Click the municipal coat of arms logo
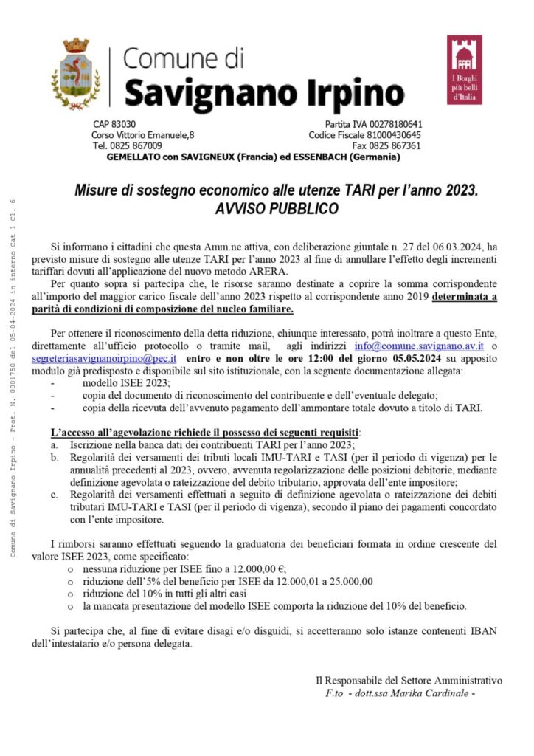[x=76, y=74]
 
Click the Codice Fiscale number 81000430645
[x=395, y=135]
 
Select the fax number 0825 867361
[x=397, y=146]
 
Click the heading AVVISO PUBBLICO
[x=277, y=209]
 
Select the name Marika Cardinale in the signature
[x=432, y=693]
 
